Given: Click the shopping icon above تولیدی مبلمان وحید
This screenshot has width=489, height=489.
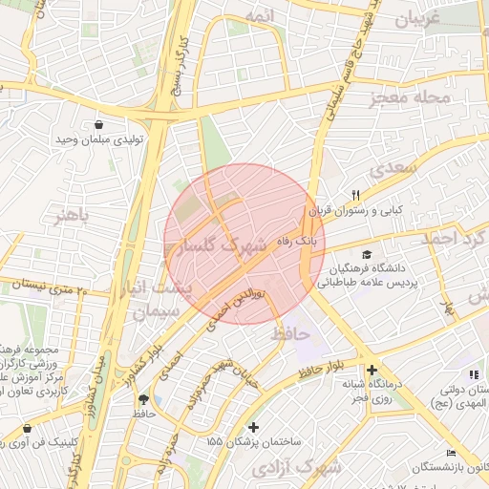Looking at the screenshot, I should [x=99, y=124].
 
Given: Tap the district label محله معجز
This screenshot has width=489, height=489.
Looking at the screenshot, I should [x=416, y=97].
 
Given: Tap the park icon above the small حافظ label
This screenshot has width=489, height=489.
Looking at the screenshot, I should [x=144, y=398].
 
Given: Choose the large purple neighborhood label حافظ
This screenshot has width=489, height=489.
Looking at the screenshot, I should [x=290, y=334].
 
